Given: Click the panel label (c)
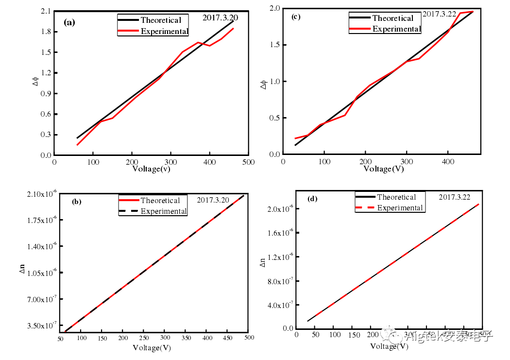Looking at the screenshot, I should coord(295,17).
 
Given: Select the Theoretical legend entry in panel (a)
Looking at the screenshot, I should coord(160,20).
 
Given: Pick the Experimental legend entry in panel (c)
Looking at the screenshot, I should coord(396,29).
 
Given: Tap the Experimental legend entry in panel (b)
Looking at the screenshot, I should coord(164,211).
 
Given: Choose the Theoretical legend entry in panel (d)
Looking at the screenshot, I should coord(396,197).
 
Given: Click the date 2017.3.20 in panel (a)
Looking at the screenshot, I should coord(220,17).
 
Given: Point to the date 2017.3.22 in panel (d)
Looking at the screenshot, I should coord(457,197).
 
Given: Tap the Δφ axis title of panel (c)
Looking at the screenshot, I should coord(264,85).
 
